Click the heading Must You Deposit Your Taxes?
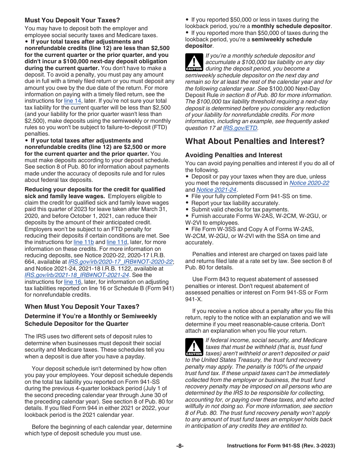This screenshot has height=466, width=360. pyautogui.click(x=72, y=20)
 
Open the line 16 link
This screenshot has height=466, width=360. pyautogui.click(x=72, y=282)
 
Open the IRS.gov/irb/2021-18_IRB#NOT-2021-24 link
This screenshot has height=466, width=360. pyautogui.click(x=77, y=275)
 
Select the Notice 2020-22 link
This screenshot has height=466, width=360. pyautogui.click(x=309, y=183)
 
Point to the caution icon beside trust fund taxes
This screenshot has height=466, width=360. pyautogui.click(x=194, y=347)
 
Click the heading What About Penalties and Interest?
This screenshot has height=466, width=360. pyautogui.click(x=255, y=141)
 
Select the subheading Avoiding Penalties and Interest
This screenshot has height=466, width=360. pyautogui.click(x=233, y=155)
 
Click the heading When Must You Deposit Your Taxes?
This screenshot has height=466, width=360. pyautogui.click(x=82, y=306)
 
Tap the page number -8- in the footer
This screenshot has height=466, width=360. pyautogui.click(x=180, y=446)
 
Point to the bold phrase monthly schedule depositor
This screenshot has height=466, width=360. pyautogui.click(x=291, y=26)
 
